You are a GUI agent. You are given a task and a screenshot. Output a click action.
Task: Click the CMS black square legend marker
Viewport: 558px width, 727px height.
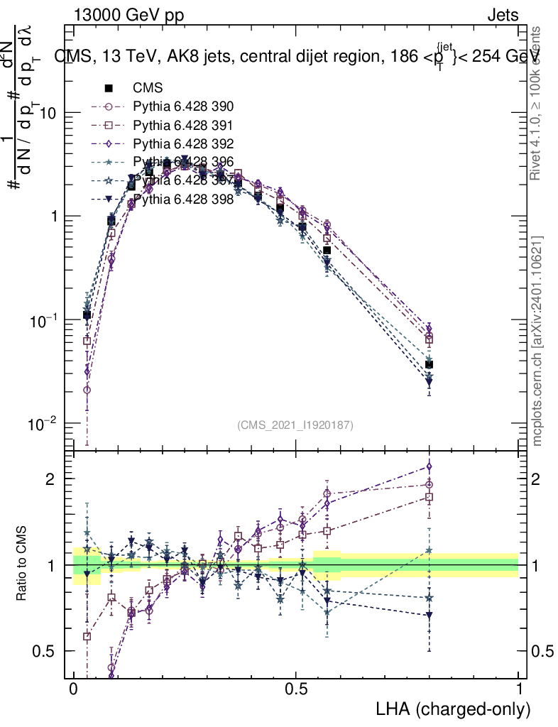pyautogui.click(x=109, y=89)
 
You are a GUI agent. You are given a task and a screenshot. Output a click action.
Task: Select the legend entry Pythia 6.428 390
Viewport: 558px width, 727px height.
pyautogui.click(x=183, y=107)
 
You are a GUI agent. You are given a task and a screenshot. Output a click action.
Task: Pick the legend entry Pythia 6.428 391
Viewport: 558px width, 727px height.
pyautogui.click(x=183, y=126)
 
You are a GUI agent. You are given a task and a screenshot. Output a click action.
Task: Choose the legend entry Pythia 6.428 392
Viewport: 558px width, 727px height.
pyautogui.click(x=183, y=144)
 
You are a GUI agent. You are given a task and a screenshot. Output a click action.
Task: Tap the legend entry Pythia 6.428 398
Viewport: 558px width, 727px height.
pyautogui.click(x=183, y=199)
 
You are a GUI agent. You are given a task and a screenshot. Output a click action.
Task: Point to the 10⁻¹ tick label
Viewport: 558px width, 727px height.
pyautogui.click(x=43, y=320)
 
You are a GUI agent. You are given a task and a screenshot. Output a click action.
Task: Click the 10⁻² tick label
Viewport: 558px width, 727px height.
pyautogui.click(x=43, y=424)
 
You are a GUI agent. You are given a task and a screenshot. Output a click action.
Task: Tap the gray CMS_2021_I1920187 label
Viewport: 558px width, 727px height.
pyautogui.click(x=295, y=425)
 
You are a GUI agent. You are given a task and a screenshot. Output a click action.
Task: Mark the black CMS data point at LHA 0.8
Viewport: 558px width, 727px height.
pyautogui.click(x=429, y=364)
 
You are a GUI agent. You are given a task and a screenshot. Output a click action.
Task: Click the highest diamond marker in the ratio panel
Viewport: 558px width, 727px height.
pyautogui.click(x=429, y=466)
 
